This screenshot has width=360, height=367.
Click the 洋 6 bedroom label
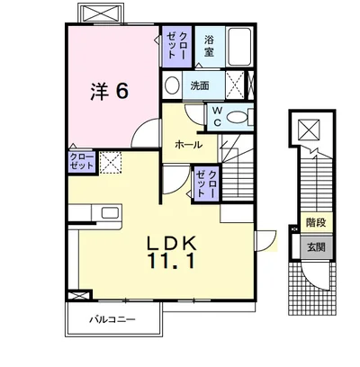(x=110, y=91)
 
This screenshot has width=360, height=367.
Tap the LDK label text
(x=171, y=243)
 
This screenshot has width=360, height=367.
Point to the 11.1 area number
(x=171, y=260)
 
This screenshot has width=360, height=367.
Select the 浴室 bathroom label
(x=209, y=46)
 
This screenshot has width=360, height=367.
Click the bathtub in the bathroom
(x=239, y=47)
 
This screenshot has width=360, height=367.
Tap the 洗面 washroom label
(x=200, y=86)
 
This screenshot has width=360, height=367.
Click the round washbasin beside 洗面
(x=172, y=85)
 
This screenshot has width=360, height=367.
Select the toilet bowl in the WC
(x=237, y=117)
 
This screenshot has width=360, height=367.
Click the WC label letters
(x=218, y=117)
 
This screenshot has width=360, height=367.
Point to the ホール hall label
(x=189, y=145)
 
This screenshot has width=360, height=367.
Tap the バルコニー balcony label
(x=112, y=319)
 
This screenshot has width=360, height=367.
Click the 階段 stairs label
(x=316, y=222)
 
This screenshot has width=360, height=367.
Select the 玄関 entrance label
(x=316, y=247)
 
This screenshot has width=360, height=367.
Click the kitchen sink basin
(x=110, y=213)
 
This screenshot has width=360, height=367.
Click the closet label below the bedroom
(x=82, y=162)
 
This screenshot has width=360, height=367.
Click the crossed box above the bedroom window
(x=101, y=13)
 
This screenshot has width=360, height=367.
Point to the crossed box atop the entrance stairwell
(x=309, y=130)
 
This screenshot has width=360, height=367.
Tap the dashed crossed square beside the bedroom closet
(x=111, y=162)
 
